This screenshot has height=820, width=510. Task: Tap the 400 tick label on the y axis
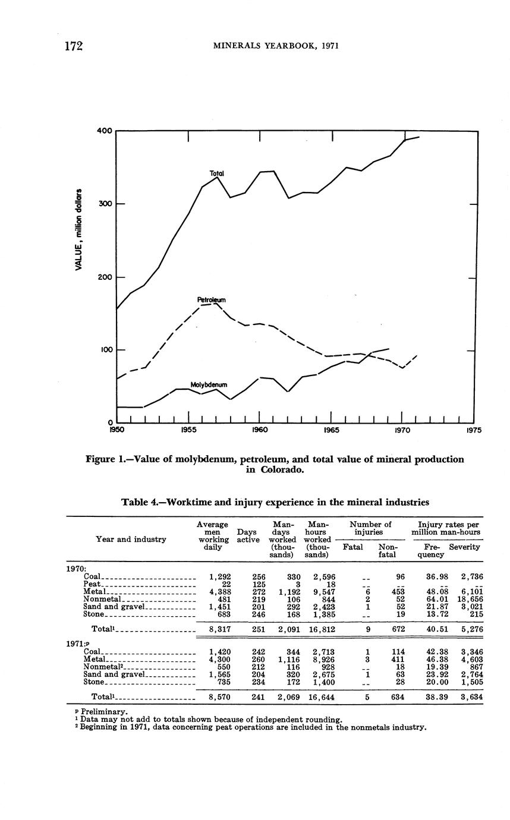(x=105, y=131)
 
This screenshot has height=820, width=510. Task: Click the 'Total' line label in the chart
(x=216, y=174)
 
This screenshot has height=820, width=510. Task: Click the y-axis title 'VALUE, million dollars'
(x=78, y=229)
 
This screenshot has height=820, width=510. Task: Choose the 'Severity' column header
(x=464, y=547)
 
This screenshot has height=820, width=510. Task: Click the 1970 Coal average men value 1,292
(x=220, y=576)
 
